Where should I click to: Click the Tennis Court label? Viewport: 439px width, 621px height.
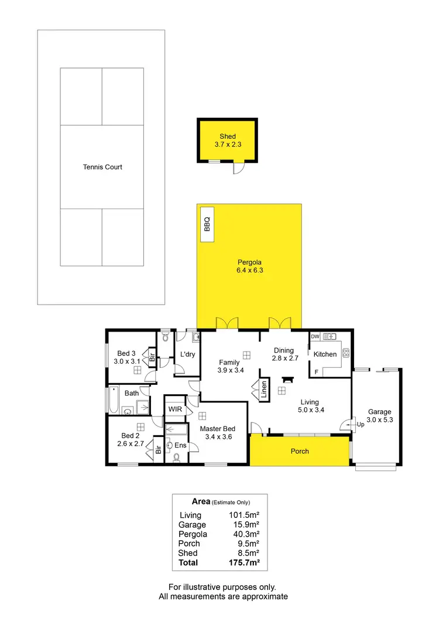tap(102, 167)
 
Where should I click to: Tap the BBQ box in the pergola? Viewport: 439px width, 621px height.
tap(207, 224)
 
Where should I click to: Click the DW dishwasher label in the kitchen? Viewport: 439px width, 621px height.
tap(315, 337)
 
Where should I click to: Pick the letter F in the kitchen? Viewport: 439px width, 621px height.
tap(317, 371)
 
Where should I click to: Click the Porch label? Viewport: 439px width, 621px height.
tap(300, 451)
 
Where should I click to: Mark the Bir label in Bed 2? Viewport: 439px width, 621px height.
tap(158, 450)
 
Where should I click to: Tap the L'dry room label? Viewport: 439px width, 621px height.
tap(187, 354)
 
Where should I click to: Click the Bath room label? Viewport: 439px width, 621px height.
tap(131, 393)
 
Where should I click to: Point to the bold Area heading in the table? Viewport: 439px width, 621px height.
tap(201, 501)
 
